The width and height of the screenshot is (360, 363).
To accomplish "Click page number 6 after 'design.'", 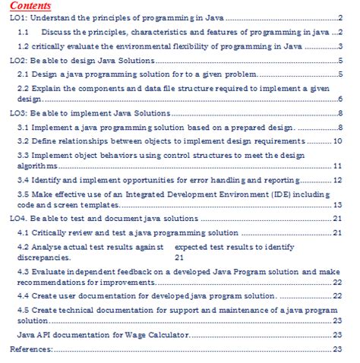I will tap(342, 99).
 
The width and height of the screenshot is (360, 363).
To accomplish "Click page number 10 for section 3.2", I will tap(339, 141).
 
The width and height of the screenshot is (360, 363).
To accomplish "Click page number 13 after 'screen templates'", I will tap(339, 205).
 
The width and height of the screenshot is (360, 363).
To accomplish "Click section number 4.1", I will tap(24, 232).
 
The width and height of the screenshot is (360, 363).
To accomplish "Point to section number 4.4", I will tap(24, 295).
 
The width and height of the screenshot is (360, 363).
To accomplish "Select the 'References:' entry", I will tap(31, 349).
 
